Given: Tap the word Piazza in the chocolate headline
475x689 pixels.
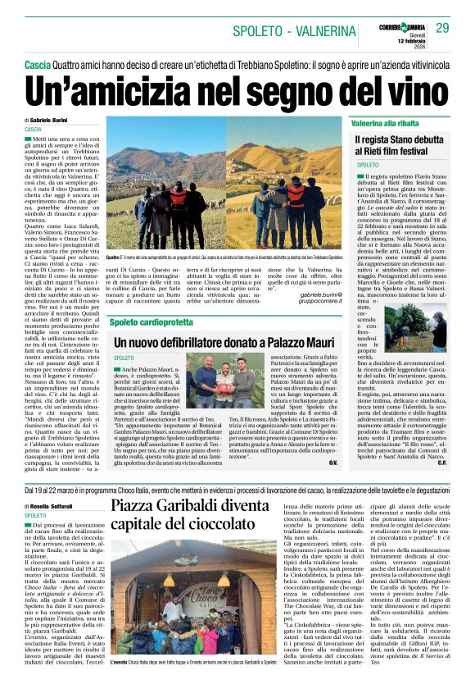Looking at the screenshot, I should pos(138,506).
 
